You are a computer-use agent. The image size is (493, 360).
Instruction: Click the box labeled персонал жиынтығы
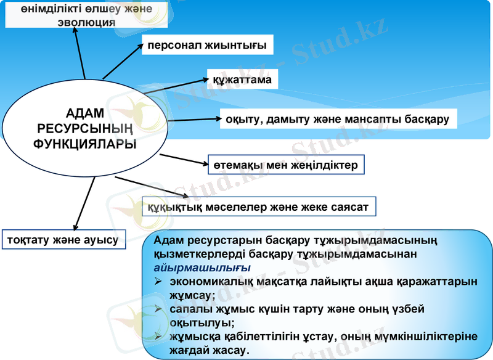[x=208, y=45]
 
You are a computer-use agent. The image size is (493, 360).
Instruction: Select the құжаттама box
[x=242, y=80]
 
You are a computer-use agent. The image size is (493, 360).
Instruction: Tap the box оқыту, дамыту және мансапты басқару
[x=338, y=118]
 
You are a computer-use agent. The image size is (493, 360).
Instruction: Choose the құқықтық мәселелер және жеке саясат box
[x=259, y=207]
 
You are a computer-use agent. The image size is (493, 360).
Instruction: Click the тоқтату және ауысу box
[x=64, y=239]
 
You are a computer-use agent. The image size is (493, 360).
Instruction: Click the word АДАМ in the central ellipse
[x=86, y=113]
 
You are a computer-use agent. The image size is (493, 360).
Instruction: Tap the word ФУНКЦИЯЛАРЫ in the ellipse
[x=86, y=143]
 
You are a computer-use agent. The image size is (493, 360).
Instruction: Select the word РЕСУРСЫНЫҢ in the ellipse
[x=86, y=128]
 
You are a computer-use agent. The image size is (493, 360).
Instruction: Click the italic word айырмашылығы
[x=202, y=268]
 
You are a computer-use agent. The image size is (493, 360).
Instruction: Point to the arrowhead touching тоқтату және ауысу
[x=75, y=227]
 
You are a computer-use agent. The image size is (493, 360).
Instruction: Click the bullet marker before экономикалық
[x=158, y=281]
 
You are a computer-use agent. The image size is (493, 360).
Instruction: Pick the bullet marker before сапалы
[x=158, y=308]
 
